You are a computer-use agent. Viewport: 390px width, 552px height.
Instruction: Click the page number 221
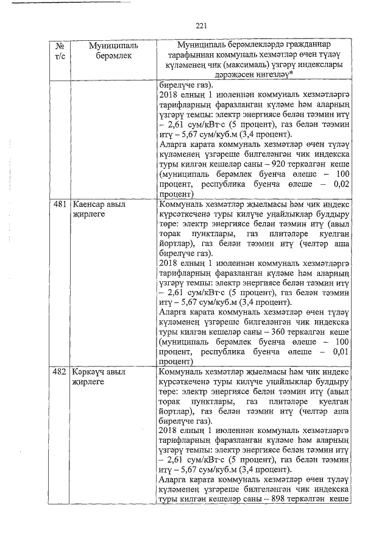pos(202,25)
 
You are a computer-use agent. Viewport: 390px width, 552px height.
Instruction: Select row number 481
pos(60,205)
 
